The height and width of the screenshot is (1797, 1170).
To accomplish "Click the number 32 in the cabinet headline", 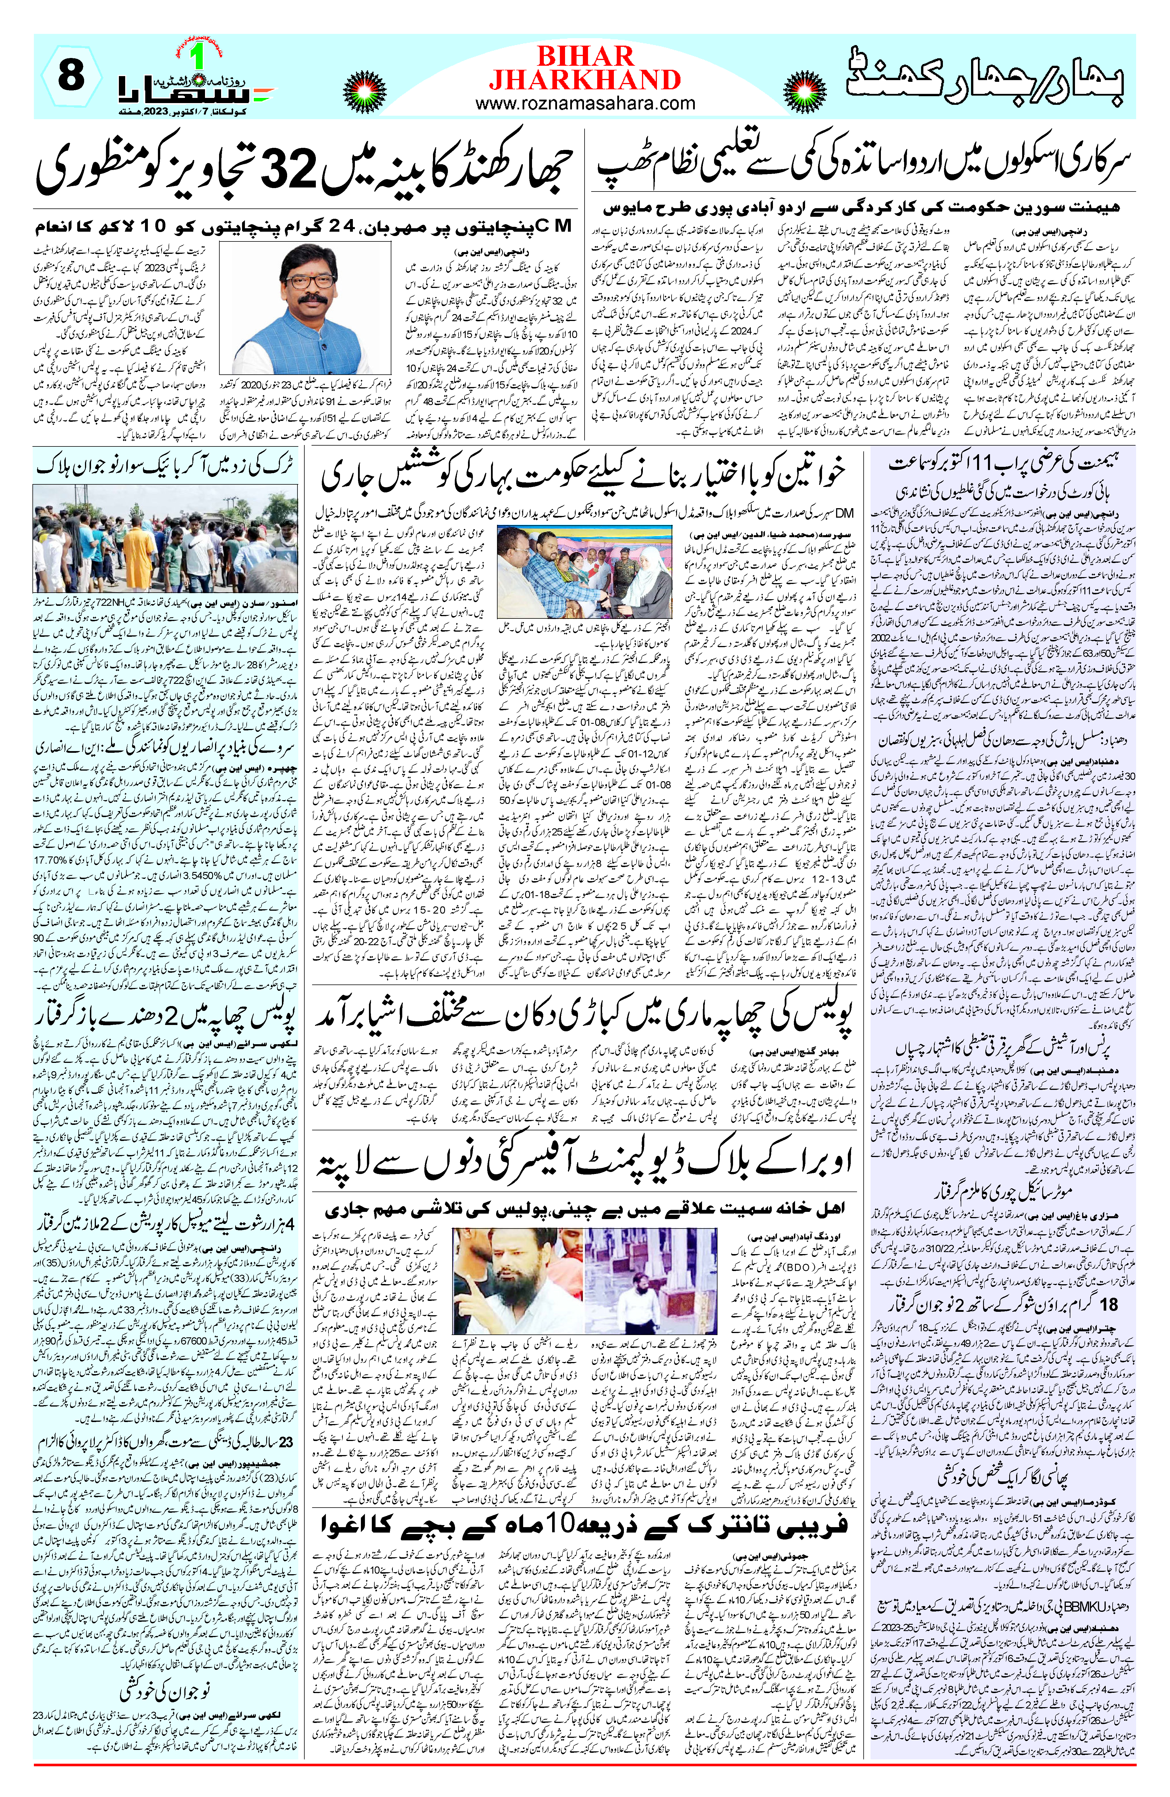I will point(291,171).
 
